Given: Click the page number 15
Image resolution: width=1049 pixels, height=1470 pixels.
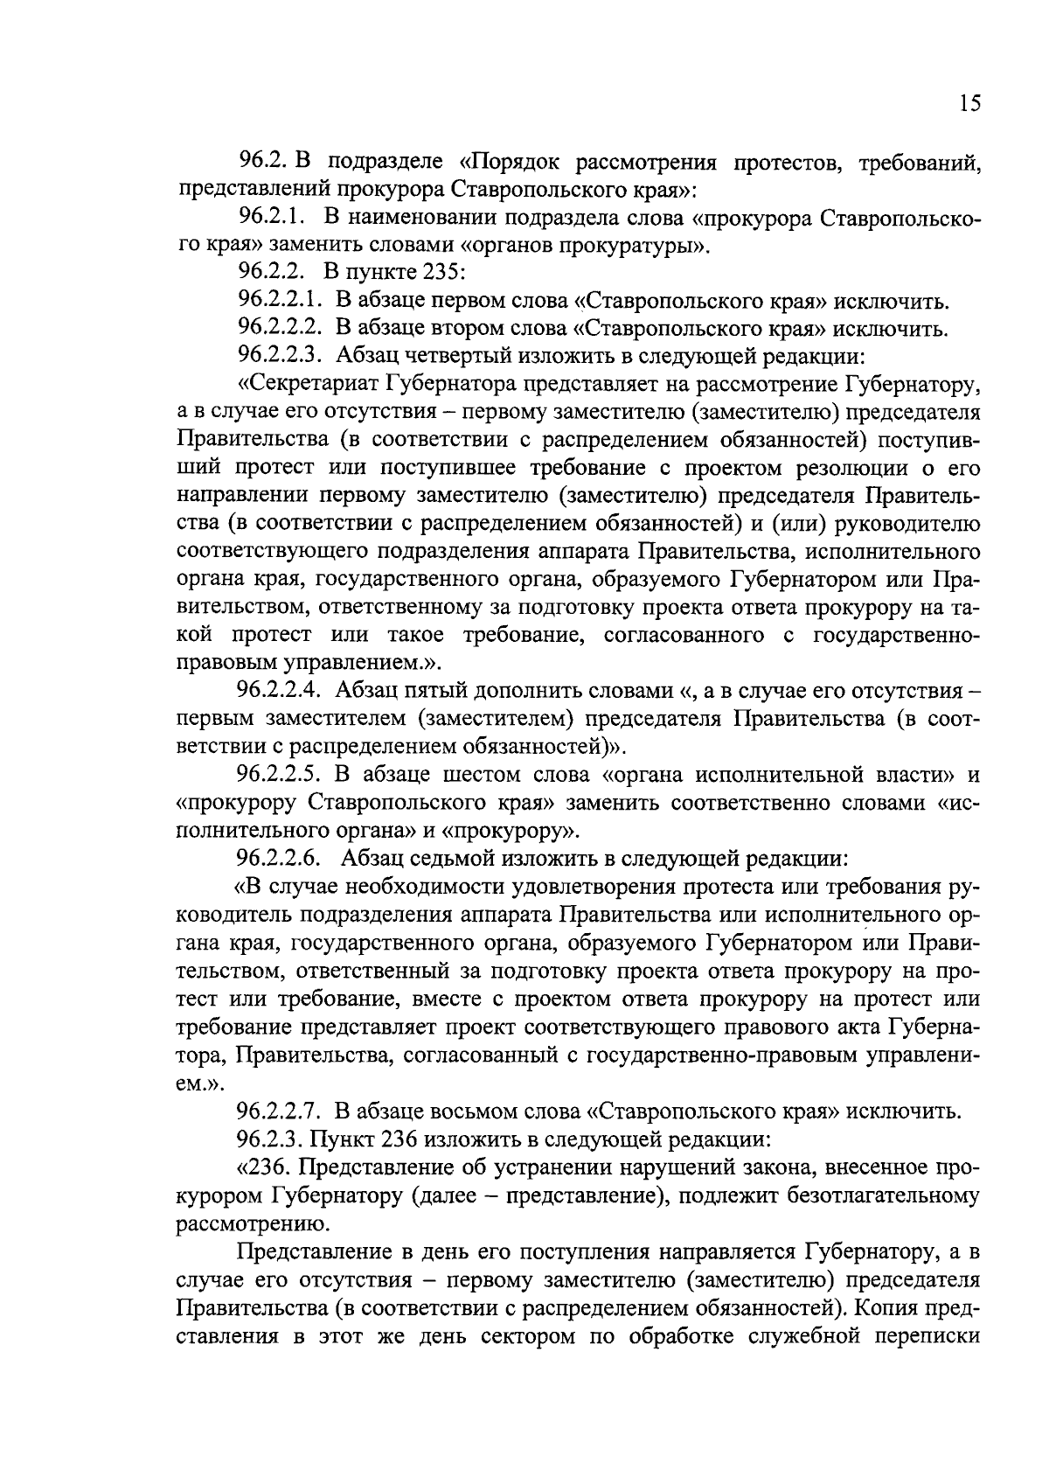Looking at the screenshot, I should pos(969,103).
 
